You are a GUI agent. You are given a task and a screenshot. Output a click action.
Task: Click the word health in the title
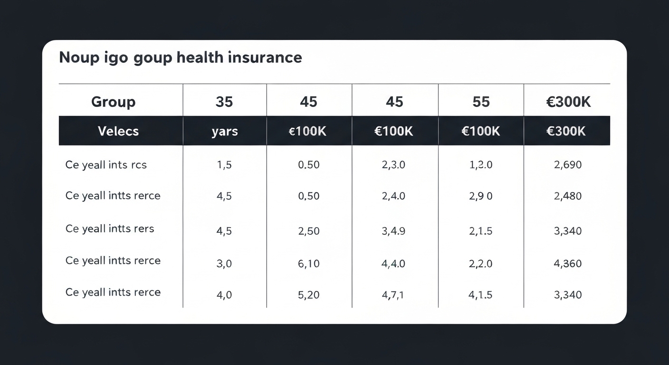(x=200, y=58)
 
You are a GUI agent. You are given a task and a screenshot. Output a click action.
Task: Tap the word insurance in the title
(x=265, y=58)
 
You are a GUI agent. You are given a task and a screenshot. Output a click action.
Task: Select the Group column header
(x=113, y=102)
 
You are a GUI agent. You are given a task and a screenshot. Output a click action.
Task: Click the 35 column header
(x=224, y=102)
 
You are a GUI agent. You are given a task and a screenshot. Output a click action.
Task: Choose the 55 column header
(x=481, y=102)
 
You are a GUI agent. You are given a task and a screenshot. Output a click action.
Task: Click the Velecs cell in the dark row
(x=118, y=131)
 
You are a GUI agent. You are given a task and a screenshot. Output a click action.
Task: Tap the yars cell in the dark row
(x=224, y=132)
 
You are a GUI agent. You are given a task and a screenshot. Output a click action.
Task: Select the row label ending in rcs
(x=106, y=165)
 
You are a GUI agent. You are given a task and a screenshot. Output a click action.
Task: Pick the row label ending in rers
(x=110, y=229)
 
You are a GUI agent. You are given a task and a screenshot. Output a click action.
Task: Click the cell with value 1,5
(x=224, y=165)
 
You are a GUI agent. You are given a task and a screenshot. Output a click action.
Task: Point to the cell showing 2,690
(x=567, y=165)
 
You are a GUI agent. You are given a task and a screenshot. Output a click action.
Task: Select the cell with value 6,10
(x=308, y=263)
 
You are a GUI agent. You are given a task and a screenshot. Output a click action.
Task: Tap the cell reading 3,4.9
(x=393, y=231)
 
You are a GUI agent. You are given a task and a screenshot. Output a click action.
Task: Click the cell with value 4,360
(x=567, y=263)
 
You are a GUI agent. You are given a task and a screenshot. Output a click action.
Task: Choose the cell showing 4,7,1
(x=393, y=295)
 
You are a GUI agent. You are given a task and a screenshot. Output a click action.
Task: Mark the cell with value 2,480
(x=567, y=196)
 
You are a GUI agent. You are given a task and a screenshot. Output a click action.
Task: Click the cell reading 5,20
(x=308, y=295)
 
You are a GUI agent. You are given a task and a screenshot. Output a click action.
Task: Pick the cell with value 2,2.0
(x=480, y=263)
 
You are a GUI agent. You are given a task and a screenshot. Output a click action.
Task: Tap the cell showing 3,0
(x=224, y=264)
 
